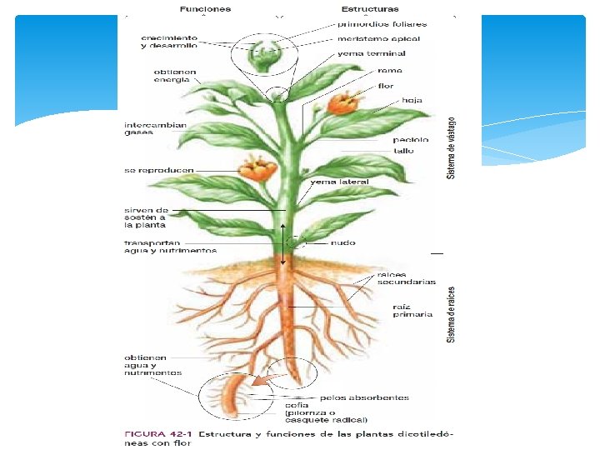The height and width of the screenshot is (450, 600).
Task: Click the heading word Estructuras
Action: click(369, 9)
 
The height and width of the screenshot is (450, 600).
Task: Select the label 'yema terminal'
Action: click(362, 53)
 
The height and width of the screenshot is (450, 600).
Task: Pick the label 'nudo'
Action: click(342, 243)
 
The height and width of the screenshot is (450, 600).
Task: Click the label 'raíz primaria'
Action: click(412, 310)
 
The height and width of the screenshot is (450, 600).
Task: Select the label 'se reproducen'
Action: click(158, 170)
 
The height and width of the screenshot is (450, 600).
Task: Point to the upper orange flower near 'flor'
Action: click(342, 103)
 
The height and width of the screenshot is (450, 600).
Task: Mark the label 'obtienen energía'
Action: click(175, 76)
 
